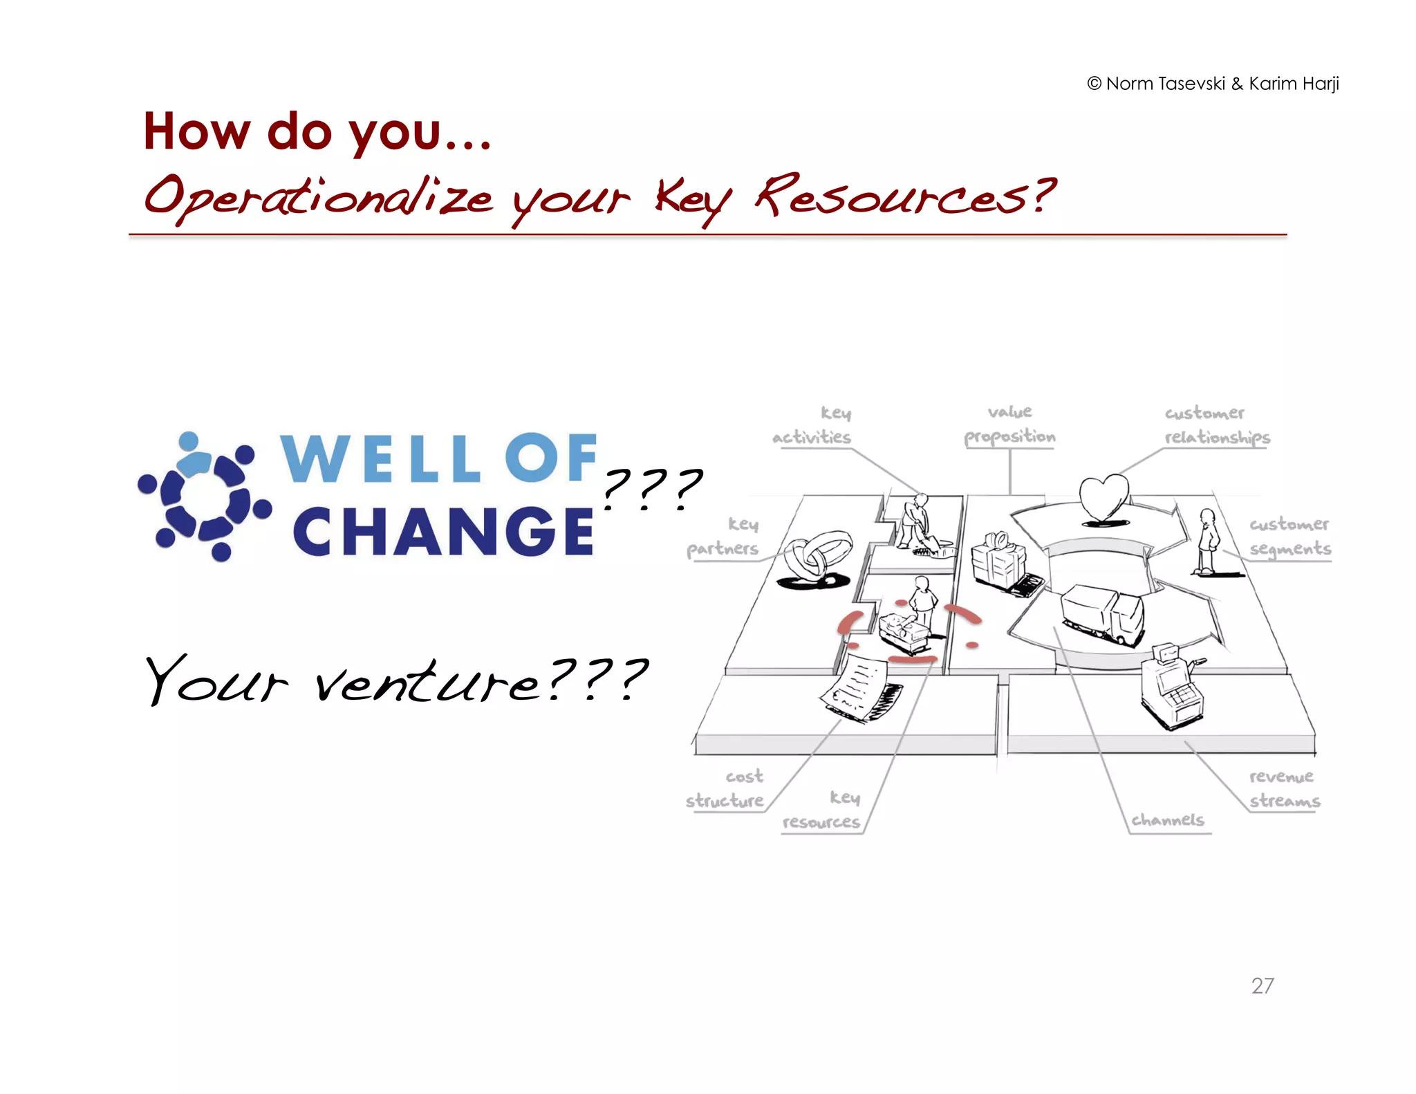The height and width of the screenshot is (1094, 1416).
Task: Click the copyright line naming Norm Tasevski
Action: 1213,84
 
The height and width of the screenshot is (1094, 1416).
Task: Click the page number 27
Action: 1262,985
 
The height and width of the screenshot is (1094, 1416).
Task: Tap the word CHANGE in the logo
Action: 442,532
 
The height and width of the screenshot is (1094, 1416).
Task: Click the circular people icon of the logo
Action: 204,496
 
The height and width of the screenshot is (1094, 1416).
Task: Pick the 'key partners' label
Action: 723,537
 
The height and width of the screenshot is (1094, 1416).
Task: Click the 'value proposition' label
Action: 1009,425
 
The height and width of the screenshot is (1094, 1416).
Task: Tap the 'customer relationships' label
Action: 1216,425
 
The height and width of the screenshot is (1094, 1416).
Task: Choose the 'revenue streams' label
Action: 1284,788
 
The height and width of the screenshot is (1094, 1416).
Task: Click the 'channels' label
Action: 1167,820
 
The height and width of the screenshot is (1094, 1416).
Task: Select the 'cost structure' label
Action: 725,788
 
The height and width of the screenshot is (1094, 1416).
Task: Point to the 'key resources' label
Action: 822,810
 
